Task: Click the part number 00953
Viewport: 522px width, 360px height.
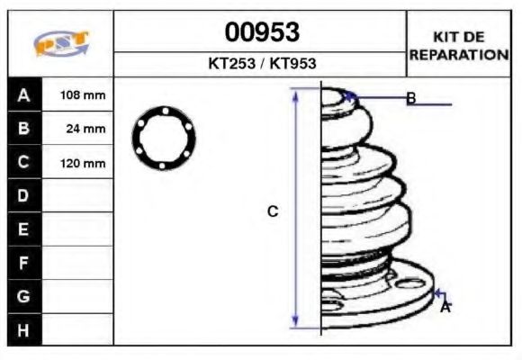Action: (x=261, y=32)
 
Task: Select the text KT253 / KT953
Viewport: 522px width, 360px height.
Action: (x=261, y=65)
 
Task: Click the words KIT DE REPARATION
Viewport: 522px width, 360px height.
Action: (x=459, y=46)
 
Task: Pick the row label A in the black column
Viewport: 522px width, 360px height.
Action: (x=24, y=94)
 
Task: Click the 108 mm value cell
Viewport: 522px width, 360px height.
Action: (x=82, y=94)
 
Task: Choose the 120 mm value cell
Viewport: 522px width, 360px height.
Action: (x=82, y=163)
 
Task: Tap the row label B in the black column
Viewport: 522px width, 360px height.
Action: (x=24, y=129)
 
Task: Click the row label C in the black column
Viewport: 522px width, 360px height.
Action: (x=24, y=163)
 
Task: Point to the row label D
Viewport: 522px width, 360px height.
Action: (x=24, y=195)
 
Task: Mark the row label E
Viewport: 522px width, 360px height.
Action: (x=24, y=229)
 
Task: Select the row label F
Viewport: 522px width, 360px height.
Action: (x=24, y=263)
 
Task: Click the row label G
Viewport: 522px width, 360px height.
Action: (x=24, y=296)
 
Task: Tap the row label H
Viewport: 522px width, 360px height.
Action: (x=24, y=330)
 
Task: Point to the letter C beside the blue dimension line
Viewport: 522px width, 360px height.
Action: (x=273, y=211)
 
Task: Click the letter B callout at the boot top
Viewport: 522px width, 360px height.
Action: (x=410, y=98)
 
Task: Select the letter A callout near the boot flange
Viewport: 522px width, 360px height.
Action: (x=445, y=307)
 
